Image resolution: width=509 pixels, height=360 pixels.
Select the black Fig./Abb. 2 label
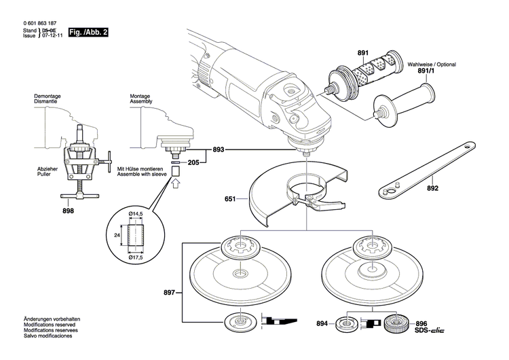[x=88, y=33]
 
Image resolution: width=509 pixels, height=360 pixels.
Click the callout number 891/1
[x=426, y=70]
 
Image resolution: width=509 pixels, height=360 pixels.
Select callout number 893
[x=218, y=149]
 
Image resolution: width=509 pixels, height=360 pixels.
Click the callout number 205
[x=193, y=163]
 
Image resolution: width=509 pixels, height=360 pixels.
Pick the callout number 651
[x=230, y=200]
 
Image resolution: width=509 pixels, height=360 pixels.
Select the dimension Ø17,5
[x=138, y=258]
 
